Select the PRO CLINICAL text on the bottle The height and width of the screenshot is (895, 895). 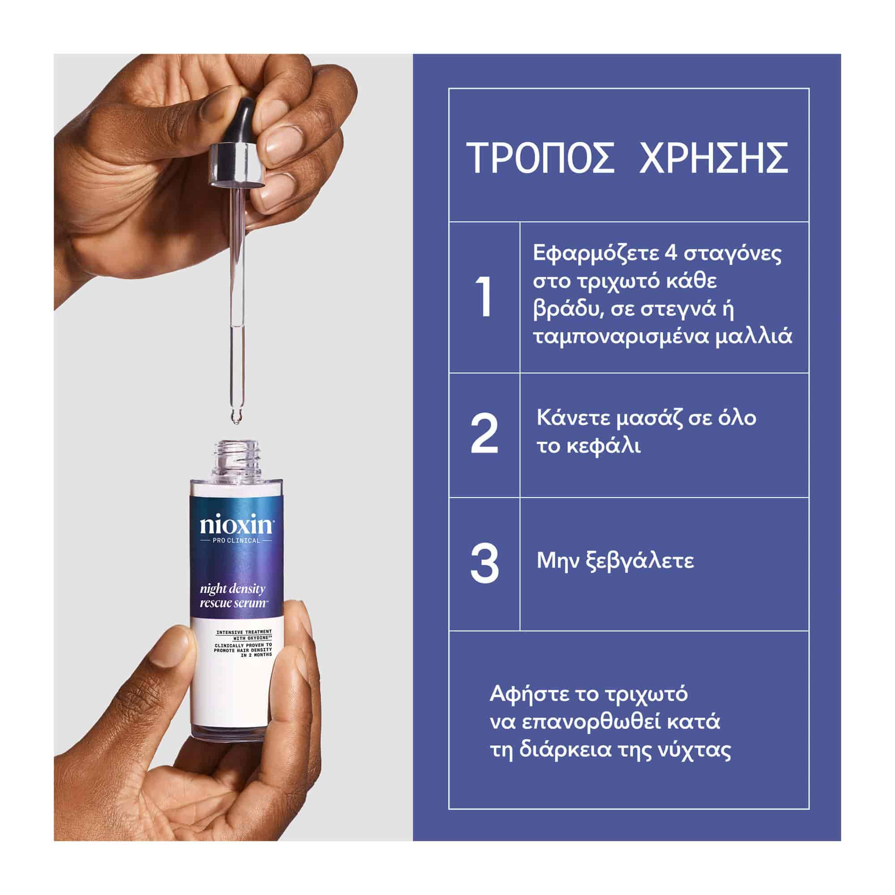pos(237,540)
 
